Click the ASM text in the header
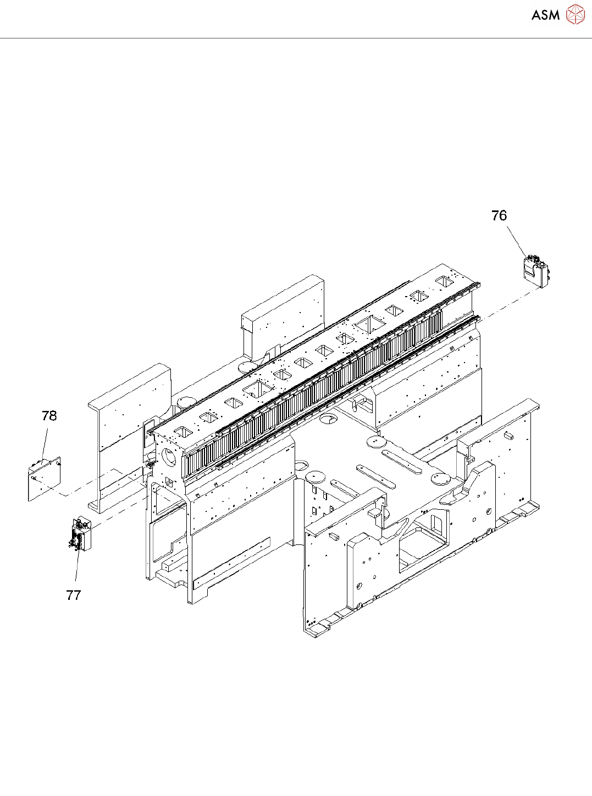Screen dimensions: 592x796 pyautogui.click(x=545, y=15)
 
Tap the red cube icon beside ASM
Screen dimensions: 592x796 pyautogui.click(x=575, y=14)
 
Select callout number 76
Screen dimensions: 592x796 pyautogui.click(x=499, y=216)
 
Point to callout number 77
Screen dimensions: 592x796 pyautogui.click(x=74, y=595)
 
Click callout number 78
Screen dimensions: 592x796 pyautogui.click(x=49, y=416)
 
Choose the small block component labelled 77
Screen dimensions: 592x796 pyautogui.click(x=80, y=533)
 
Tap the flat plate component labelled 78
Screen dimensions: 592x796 pyautogui.click(x=45, y=478)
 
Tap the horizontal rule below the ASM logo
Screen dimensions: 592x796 pyautogui.click(x=296, y=38)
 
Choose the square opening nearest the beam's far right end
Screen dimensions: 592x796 pyautogui.click(x=444, y=281)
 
